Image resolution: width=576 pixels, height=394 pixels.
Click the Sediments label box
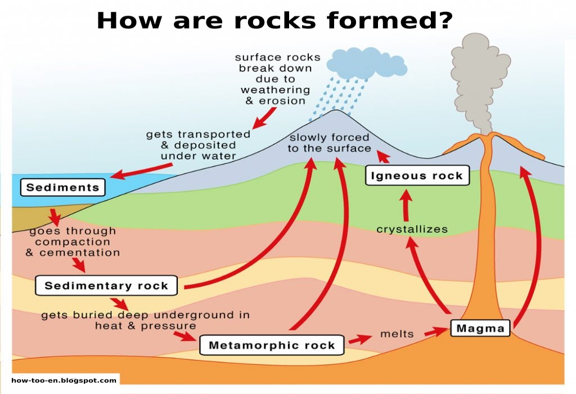[62, 187]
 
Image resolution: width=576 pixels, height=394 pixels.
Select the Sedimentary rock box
[106, 285]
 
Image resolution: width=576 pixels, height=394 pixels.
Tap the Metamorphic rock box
[272, 345]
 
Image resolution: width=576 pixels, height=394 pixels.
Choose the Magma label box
[480, 328]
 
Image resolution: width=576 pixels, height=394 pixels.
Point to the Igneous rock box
[417, 176]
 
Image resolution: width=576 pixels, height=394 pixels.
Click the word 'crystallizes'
[412, 229]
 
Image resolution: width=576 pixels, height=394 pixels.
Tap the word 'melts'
[397, 334]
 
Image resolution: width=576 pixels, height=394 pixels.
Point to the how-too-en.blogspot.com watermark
[64, 380]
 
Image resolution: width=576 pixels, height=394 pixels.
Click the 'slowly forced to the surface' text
[329, 143]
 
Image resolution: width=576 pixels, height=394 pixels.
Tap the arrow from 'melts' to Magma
[435, 333]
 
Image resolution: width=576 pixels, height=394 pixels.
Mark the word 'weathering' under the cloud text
[275, 90]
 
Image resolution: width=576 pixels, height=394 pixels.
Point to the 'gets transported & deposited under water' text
[198, 145]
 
